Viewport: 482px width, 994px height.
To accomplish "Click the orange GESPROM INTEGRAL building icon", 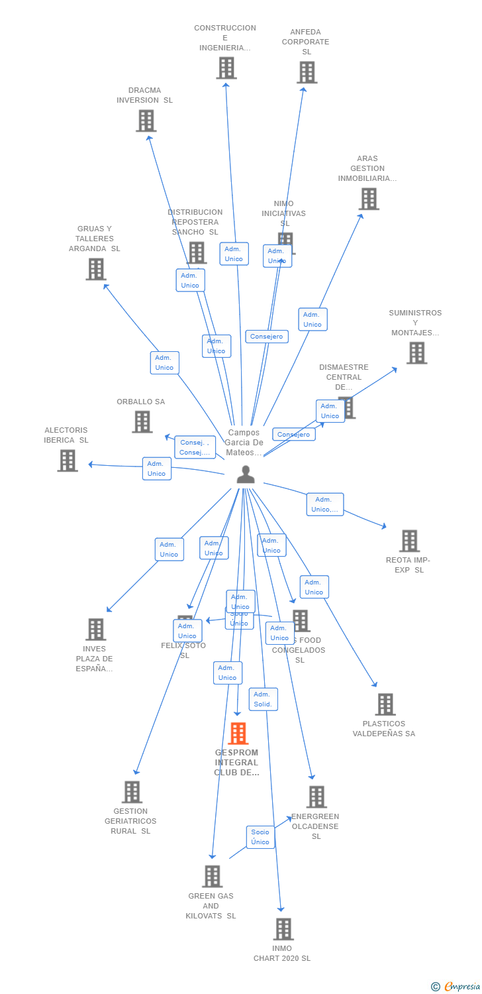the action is click(x=238, y=734).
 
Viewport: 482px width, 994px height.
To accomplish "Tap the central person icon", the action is click(x=246, y=474).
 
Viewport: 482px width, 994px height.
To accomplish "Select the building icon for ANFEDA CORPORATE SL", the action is click(x=307, y=72).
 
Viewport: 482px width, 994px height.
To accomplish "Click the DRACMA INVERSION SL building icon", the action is click(x=146, y=121).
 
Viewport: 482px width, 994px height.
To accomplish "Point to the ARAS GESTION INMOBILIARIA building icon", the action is click(x=369, y=199).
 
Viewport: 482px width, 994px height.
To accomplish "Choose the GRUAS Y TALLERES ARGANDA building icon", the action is click(x=96, y=269).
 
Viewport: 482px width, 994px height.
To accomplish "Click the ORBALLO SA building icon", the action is click(x=142, y=422).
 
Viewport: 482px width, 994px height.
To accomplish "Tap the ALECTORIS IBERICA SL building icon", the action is click(x=68, y=461).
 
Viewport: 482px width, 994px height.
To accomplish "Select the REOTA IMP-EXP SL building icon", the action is click(x=409, y=541).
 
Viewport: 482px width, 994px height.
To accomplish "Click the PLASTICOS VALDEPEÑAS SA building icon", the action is click(x=385, y=704).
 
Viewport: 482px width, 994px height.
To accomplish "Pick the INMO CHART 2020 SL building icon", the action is click(x=283, y=929).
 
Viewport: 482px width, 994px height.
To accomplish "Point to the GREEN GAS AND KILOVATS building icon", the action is click(x=212, y=876).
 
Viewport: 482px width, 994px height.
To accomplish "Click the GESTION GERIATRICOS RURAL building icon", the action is click(x=132, y=792).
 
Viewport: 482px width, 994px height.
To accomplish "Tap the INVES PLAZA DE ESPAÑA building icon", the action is click(x=96, y=630).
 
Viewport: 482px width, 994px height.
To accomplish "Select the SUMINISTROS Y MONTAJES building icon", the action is click(x=416, y=353).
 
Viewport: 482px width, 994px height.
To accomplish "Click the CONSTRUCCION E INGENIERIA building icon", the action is click(x=226, y=68).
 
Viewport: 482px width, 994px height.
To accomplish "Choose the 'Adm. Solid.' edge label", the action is click(x=264, y=699).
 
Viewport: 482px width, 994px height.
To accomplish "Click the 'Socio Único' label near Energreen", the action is click(x=260, y=837).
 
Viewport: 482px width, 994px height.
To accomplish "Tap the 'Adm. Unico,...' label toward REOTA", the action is click(x=324, y=504).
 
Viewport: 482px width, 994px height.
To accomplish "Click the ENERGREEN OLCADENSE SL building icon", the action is click(x=316, y=797).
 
